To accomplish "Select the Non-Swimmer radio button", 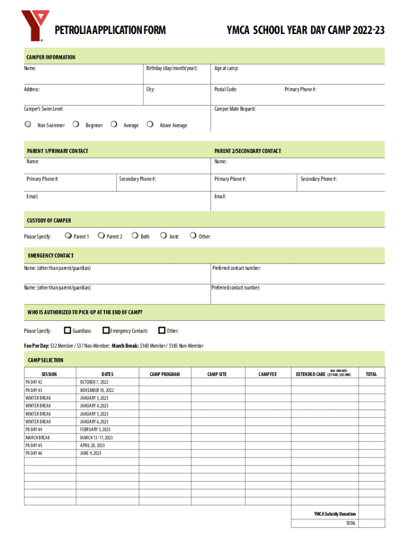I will point(28,125).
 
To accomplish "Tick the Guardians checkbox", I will point(67,330).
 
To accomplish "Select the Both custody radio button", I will point(135,236).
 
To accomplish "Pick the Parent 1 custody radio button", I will point(67,236).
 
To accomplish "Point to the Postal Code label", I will point(225,89).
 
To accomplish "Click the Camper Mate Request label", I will point(235,109).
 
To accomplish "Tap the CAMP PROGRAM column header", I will point(165,375).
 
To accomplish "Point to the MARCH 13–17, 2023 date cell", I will point(96,438).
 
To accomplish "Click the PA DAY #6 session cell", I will point(34,453).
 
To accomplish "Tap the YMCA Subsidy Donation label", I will point(335,514).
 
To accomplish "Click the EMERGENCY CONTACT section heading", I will point(50,256).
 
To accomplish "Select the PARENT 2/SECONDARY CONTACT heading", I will point(248,151).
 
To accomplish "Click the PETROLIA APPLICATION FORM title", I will point(110,31).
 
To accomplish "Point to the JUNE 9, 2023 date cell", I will point(90,453).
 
